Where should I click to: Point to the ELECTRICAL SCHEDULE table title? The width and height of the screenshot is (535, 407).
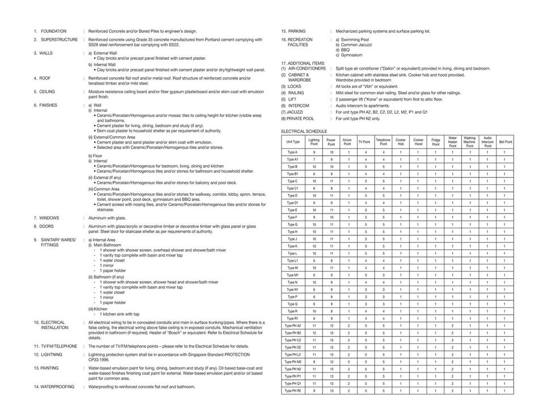pos(304,131)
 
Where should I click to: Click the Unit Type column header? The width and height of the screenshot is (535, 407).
pos(293,142)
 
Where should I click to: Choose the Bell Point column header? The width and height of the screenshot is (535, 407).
pos(505,142)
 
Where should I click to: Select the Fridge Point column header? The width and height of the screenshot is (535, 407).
pos(435,142)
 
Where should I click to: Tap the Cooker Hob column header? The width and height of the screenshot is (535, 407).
pos(401,142)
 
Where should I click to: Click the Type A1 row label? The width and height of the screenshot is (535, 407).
pos(293,160)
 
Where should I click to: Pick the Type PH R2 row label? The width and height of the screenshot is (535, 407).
pos(293,391)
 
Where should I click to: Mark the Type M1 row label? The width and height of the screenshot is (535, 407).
pos(293,275)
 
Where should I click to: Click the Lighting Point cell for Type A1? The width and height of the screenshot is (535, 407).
pos(314,160)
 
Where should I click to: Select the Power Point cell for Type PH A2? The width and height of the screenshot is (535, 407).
pos(331,326)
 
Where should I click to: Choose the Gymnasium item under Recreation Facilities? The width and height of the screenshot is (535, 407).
pos(351,55)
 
